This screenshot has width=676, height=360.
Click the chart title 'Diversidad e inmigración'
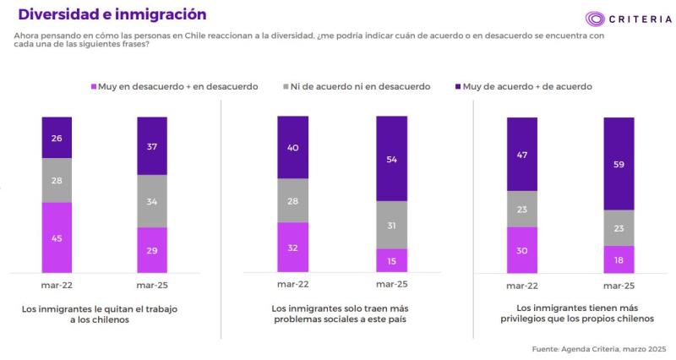112,15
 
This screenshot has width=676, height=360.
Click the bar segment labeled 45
57,237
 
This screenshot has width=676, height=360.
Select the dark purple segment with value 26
57,137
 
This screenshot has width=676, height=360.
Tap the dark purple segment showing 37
152,145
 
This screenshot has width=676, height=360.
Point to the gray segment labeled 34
152,201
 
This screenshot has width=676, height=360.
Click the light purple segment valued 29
152,250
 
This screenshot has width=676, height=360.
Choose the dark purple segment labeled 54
390,158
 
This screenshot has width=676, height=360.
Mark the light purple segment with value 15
390,260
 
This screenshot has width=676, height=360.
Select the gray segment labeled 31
390,225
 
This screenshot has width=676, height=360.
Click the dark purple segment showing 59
619,163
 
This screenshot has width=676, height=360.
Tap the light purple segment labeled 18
619,259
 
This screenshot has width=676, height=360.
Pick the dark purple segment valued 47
521,154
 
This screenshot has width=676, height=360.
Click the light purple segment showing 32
292,247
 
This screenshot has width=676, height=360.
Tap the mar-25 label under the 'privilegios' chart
619,285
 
